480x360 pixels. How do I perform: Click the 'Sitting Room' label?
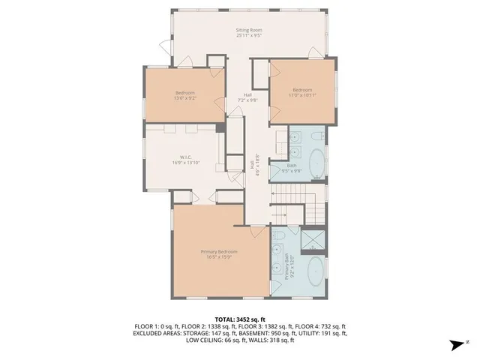(x=249, y=29)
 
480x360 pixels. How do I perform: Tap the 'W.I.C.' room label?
(x=181, y=157)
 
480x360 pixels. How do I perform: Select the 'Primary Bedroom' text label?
(x=218, y=251)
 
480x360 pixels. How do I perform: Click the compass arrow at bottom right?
(x=455, y=345)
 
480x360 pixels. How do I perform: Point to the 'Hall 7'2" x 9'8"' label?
(x=247, y=97)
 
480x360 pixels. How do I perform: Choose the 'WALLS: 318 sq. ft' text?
(x=271, y=340)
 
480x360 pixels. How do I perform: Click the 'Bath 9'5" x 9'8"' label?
(x=294, y=168)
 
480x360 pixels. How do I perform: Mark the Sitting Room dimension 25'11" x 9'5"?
(x=249, y=35)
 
